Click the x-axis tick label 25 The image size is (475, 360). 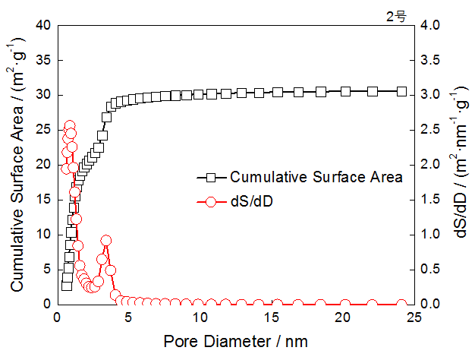tap(413, 318)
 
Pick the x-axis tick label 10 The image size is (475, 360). tap(199, 318)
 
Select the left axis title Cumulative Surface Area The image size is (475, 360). tap(16, 164)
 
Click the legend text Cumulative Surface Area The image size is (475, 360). tap(315, 178)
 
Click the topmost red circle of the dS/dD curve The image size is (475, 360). tap(70, 126)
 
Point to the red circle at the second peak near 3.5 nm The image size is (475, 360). tap(106, 241)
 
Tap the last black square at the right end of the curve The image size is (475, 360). tap(401, 91)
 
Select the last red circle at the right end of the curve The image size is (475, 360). tap(401, 304)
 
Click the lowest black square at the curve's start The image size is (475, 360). tap(67, 285)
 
